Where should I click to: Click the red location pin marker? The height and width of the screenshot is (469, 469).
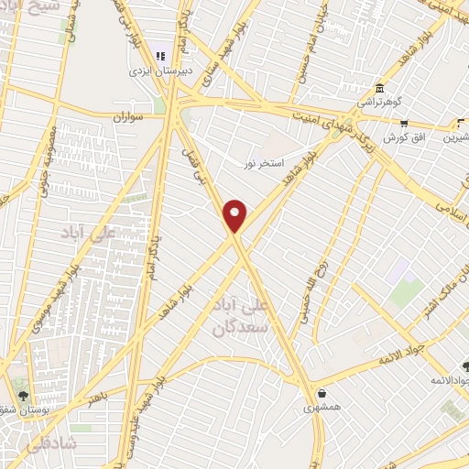click(x=236, y=215)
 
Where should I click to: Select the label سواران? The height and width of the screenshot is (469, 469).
click(x=130, y=118)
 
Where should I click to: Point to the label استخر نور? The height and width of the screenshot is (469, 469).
click(x=262, y=163)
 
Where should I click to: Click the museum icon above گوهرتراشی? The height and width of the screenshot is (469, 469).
click(x=378, y=88)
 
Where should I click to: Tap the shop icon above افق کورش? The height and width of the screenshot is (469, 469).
click(x=404, y=122)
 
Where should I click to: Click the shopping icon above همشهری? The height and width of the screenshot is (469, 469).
click(x=312, y=387)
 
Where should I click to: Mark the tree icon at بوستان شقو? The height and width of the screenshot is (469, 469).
click(x=23, y=397)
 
